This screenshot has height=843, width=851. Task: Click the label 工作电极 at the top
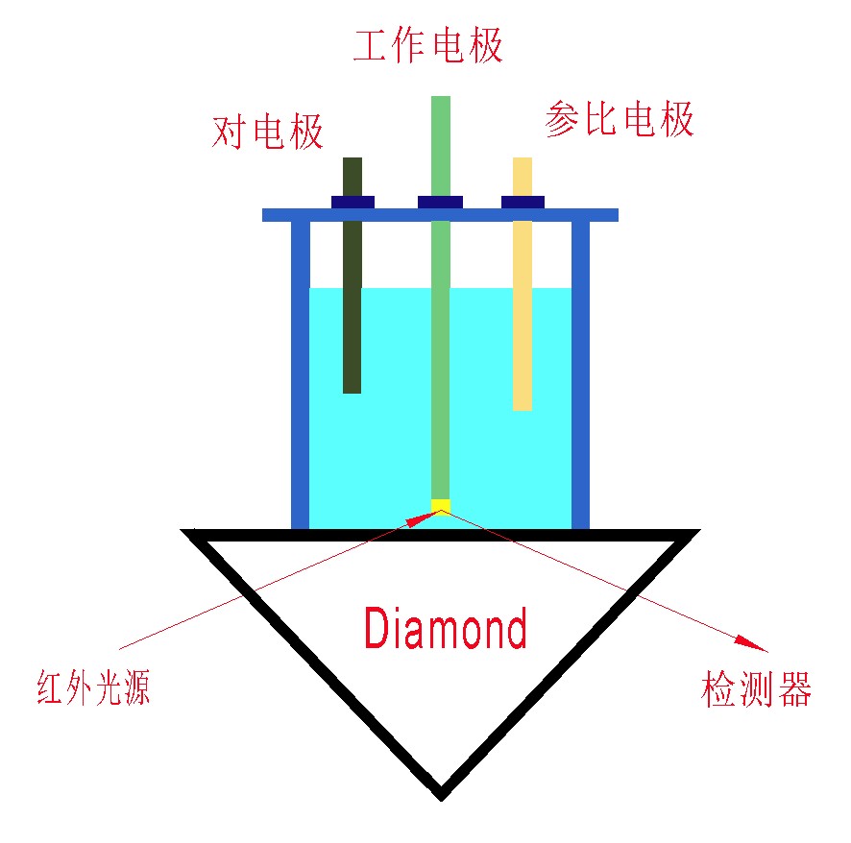coord(428,46)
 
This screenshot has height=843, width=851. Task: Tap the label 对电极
coord(267,132)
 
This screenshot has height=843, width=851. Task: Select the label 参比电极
coord(619,120)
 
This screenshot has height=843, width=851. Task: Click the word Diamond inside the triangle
coord(446,629)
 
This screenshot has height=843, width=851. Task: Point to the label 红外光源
coord(93,688)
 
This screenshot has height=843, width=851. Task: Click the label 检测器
coord(757,688)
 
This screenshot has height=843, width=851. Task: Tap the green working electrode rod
coord(440,365)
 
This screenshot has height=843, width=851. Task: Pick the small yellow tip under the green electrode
coord(440,505)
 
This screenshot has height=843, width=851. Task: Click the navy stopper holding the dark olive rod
coord(353,202)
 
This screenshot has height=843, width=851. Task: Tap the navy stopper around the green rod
coord(440,202)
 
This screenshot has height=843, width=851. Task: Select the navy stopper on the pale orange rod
coord(523,202)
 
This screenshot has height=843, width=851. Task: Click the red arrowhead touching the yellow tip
coord(421,518)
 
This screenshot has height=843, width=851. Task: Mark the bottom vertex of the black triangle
coord(440,793)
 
